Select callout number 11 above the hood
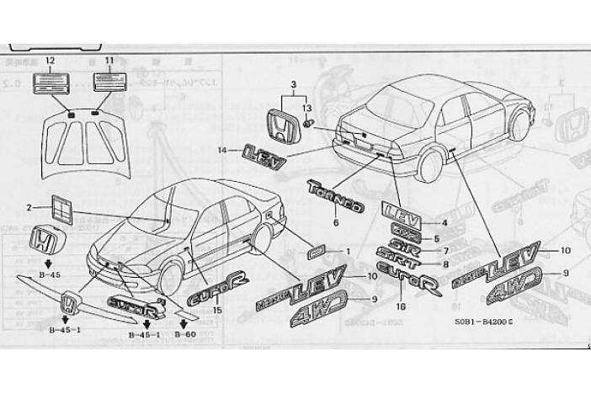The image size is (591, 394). pos(109,61)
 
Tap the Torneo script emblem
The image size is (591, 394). pos(335,195)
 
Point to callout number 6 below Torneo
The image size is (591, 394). pos(336,223)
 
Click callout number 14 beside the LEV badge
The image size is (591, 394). pos(221,150)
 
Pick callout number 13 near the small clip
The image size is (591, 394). pos(307,109)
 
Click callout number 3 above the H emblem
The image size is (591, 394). pos(293,86)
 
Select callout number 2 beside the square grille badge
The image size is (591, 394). pos(29,207)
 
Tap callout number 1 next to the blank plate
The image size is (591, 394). pos(349,251)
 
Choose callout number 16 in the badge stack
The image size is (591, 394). pos(401,306)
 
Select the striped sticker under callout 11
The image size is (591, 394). pos(109,82)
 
